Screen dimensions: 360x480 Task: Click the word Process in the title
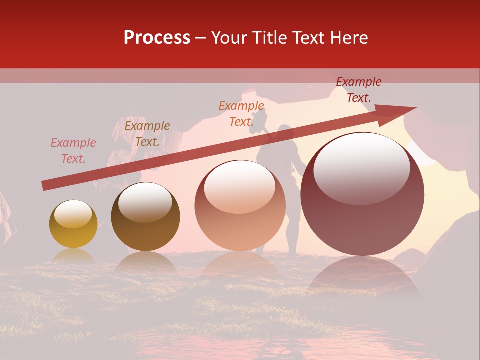click(x=157, y=38)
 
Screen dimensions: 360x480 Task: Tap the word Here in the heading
click(x=348, y=38)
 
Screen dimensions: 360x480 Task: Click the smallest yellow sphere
click(x=73, y=224)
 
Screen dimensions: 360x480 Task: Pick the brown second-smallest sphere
click(x=145, y=217)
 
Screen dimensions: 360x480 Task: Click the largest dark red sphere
click(x=362, y=194)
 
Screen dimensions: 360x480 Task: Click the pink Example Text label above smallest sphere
click(x=73, y=151)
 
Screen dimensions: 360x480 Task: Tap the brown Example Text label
click(x=147, y=134)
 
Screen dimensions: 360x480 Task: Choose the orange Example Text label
click(x=241, y=114)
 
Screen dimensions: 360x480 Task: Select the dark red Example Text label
click(x=359, y=90)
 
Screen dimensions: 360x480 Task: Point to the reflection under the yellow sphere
click(x=73, y=256)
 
